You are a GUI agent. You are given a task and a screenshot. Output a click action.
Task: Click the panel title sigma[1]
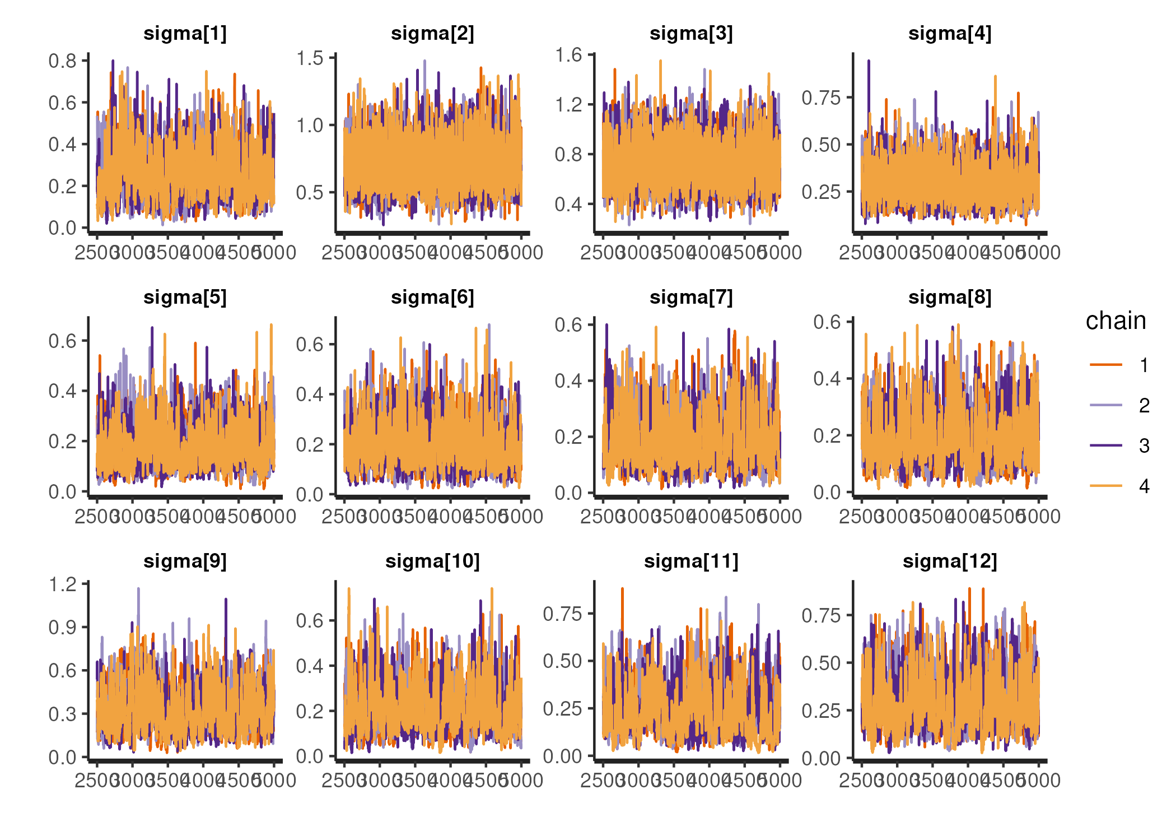[185, 34]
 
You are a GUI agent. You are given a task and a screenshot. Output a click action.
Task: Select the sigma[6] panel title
[432, 298]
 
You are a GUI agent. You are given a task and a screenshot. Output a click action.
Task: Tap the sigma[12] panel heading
[950, 561]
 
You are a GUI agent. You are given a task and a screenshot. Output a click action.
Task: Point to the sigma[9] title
[185, 561]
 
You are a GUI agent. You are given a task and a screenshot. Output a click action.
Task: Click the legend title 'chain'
[1116, 321]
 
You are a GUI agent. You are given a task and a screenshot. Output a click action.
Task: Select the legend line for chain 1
[1106, 365]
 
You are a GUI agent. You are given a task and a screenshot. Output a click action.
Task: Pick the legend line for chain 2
[1106, 405]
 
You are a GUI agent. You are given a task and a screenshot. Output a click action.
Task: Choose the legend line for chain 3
[1106, 445]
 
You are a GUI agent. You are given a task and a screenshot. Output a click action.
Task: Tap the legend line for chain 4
[1106, 486]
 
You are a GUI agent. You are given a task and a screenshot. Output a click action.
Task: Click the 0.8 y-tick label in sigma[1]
[62, 61]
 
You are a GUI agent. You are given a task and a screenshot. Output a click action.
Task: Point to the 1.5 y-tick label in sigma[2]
[310, 58]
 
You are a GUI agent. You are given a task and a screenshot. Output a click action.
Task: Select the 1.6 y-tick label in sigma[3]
[568, 55]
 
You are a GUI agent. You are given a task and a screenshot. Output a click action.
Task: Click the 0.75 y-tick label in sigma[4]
[821, 98]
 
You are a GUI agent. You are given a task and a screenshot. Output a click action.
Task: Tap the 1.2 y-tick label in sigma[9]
[62, 584]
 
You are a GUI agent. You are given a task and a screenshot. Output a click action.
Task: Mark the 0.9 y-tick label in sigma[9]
[62, 628]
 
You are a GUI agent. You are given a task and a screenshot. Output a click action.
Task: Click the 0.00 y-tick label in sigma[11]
[562, 757]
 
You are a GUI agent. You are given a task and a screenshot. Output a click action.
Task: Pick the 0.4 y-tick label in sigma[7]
[568, 381]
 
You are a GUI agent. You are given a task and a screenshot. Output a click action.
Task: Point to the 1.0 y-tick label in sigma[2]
[310, 126]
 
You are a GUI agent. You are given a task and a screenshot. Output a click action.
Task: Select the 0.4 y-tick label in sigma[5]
[62, 391]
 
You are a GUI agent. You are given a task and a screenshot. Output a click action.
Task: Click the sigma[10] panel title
[432, 561]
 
